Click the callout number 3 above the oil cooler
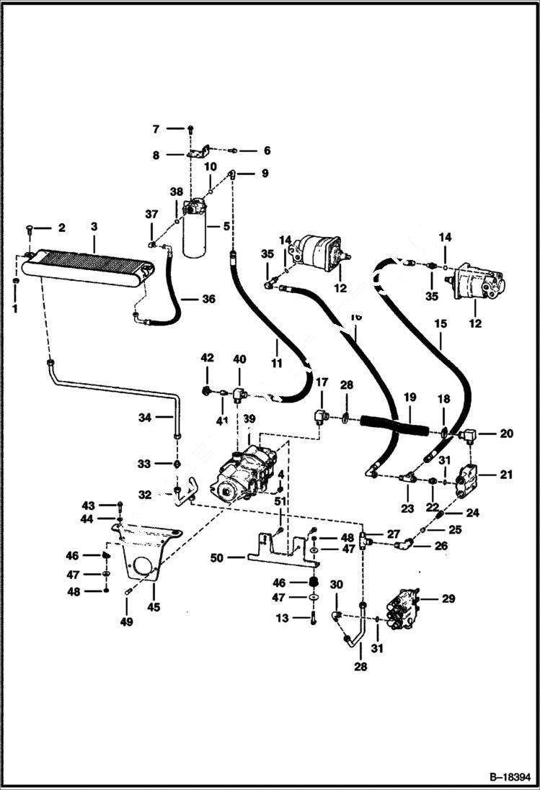click(x=94, y=227)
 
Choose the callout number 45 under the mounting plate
click(x=154, y=607)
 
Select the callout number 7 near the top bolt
click(x=155, y=129)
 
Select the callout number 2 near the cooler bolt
click(x=61, y=228)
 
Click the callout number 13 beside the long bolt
click(x=281, y=618)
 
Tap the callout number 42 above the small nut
click(x=208, y=358)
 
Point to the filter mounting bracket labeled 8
click(x=198, y=153)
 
